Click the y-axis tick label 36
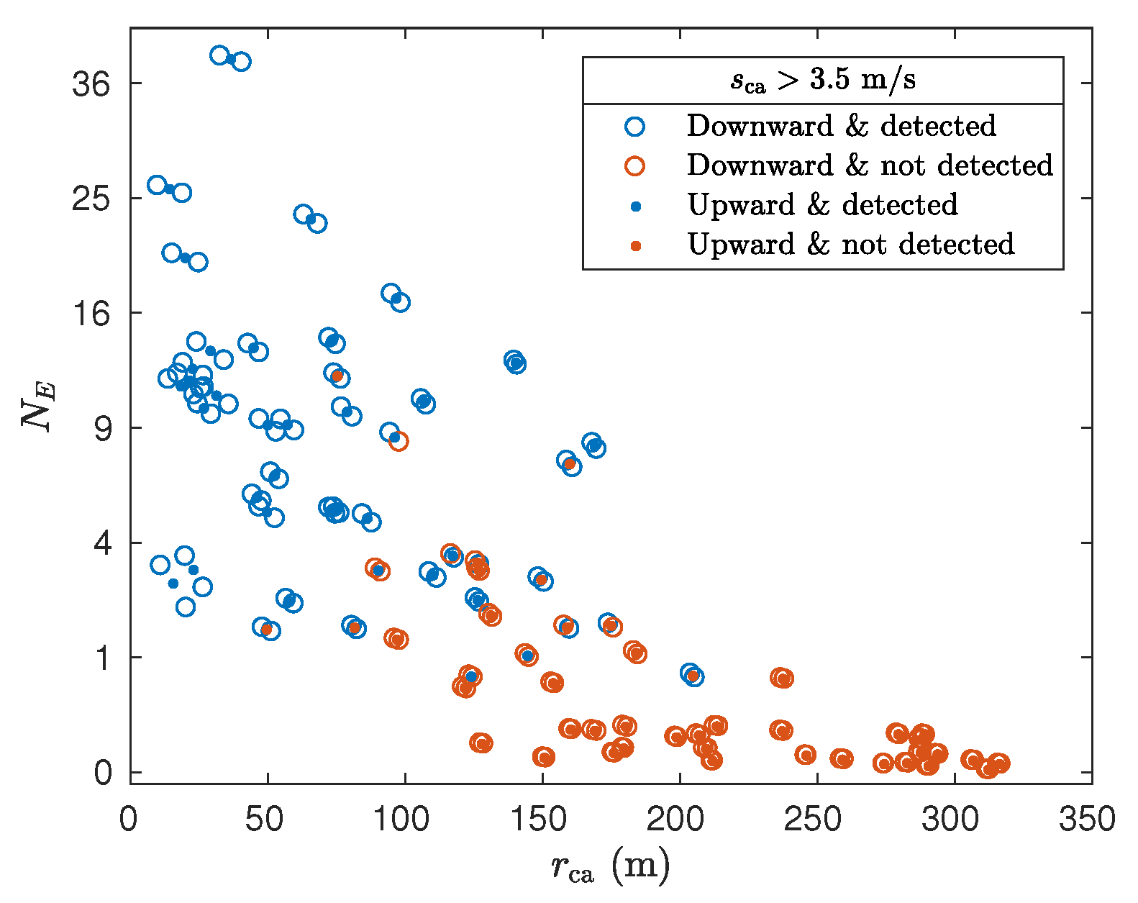pyautogui.click(x=91, y=84)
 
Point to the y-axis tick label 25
pyautogui.click(x=91, y=199)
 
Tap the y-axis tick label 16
pyautogui.click(x=91, y=314)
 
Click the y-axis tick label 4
pyautogui.click(x=103, y=543)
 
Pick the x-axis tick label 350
pyautogui.click(x=1087, y=820)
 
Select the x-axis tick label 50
pyautogui.click(x=264, y=820)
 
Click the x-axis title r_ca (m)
pyautogui.click(x=610, y=866)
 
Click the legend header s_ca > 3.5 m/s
pyautogui.click(x=823, y=80)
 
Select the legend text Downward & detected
pyautogui.click(x=841, y=126)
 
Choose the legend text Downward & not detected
pyautogui.click(x=869, y=165)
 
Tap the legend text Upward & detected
pyautogui.click(x=822, y=205)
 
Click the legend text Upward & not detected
pyautogui.click(x=850, y=245)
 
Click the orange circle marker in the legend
pyautogui.click(x=634, y=166)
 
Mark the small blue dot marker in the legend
pyautogui.click(x=635, y=207)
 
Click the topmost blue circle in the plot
pyautogui.click(x=220, y=55)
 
